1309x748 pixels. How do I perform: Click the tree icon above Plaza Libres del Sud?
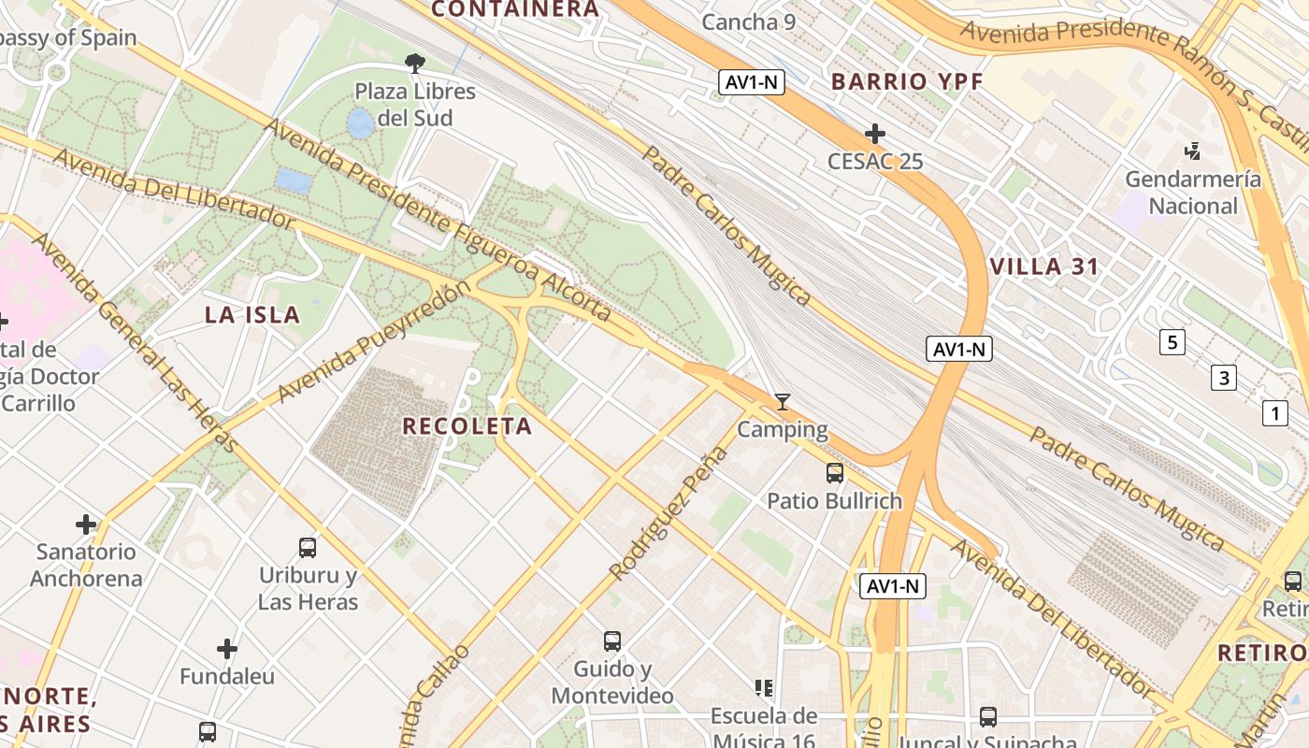415,64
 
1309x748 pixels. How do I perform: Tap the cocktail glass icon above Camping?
783,402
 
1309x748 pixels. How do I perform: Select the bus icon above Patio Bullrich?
835,473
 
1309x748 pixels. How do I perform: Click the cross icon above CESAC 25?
875,134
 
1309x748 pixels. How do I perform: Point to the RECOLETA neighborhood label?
467,426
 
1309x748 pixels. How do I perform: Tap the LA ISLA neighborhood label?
252,315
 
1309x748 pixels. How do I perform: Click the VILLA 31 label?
1044,266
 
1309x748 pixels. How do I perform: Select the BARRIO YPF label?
907,81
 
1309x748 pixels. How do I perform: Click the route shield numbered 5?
1172,342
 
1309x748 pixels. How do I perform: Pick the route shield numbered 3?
1223,378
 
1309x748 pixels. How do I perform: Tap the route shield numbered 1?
1273,412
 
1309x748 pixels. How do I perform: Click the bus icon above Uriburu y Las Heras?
308,548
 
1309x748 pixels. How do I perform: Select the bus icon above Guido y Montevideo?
612,641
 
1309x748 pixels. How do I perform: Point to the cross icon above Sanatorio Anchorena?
86,525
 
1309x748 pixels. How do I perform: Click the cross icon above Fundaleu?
227,649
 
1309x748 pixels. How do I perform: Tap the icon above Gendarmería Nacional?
1192,151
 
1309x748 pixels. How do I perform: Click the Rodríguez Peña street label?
668,513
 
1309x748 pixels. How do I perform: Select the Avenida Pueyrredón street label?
372,343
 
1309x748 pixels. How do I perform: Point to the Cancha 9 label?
748,22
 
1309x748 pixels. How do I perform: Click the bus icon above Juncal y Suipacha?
988,717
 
